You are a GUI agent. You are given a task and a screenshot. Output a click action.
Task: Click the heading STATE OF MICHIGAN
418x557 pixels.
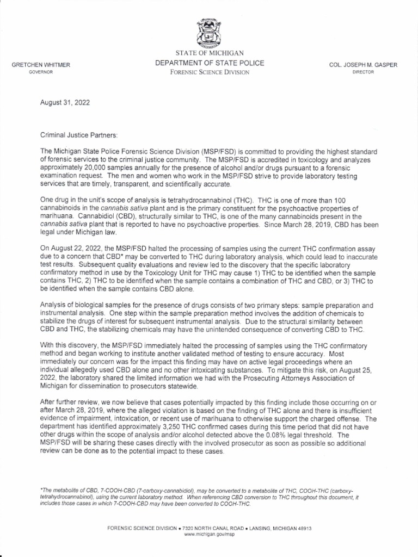(210, 53)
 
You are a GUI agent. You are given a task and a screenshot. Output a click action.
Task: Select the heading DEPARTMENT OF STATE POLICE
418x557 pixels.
(210, 63)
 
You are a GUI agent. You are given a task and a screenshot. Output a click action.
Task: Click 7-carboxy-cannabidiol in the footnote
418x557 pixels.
(158, 491)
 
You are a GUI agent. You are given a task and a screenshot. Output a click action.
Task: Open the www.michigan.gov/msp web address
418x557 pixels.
(209, 535)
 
